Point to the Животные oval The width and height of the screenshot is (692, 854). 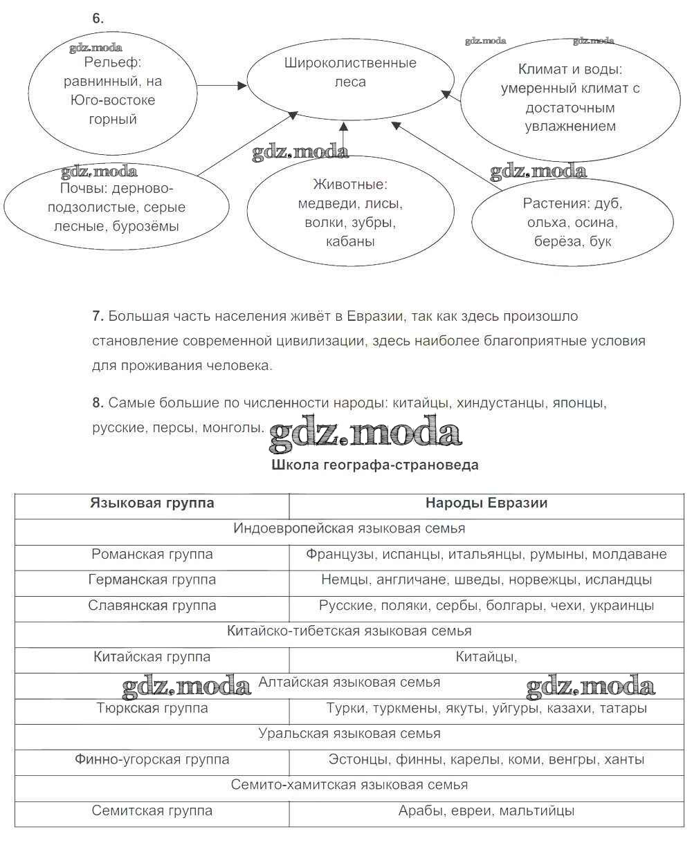350,213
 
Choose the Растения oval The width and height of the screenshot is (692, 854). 572,223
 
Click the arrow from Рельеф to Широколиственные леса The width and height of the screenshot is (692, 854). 221,86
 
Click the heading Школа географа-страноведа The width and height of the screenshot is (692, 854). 376,465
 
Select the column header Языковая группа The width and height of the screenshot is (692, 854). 152,503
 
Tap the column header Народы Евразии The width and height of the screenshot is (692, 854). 486,503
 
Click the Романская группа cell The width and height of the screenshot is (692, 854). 152,554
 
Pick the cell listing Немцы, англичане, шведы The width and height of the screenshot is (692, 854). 486,579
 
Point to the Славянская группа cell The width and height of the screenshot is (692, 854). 152,605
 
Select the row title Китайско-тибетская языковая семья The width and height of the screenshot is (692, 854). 349,631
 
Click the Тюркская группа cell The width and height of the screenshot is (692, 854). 152,708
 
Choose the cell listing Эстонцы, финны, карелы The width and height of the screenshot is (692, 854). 486,759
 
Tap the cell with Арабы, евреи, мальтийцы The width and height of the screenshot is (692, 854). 486,810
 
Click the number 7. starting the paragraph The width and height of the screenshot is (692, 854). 98,316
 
